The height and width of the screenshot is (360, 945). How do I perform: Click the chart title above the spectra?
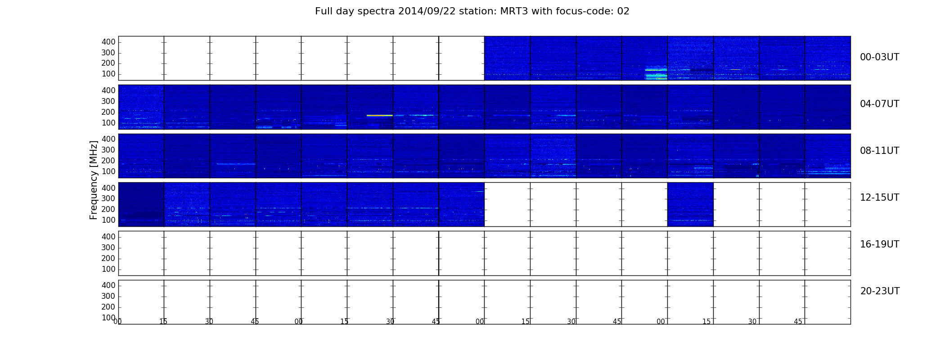(472, 11)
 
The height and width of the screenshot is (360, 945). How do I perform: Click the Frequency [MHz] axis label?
(94, 180)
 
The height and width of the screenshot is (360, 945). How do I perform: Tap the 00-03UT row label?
(879, 57)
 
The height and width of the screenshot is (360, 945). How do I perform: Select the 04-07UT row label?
(879, 104)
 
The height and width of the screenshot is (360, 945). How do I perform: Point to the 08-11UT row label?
(879, 151)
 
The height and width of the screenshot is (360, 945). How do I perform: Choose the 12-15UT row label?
(879, 198)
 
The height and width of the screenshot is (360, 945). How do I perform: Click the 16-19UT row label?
(879, 244)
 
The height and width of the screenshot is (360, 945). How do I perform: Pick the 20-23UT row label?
(880, 291)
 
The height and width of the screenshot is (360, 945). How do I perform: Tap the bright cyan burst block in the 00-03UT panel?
(656, 73)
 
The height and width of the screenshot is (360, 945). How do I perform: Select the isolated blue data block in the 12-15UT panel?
(690, 204)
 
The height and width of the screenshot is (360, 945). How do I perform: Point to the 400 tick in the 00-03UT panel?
(108, 42)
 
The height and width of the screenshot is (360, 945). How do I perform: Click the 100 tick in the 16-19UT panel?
(108, 269)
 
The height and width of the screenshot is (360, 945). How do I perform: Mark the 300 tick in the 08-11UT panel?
(108, 150)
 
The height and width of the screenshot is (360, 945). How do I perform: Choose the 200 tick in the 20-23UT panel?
(108, 307)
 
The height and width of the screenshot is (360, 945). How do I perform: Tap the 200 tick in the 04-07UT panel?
(108, 112)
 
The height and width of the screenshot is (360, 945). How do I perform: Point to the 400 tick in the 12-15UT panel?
(108, 188)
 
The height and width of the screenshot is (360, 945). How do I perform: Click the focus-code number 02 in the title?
(623, 11)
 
